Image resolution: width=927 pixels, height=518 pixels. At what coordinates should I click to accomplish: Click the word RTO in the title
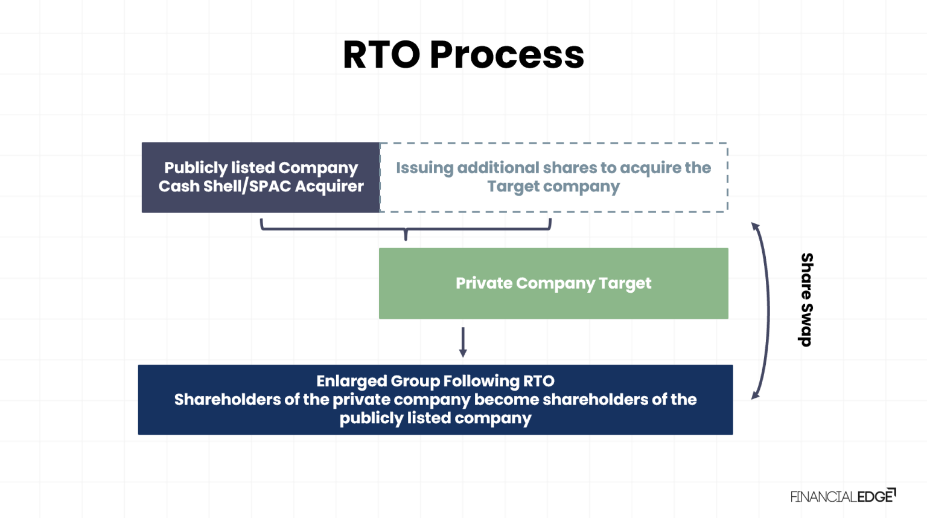381,55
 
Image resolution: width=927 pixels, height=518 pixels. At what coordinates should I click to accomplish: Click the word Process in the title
506,55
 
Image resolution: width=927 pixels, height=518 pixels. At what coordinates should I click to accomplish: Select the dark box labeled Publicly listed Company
261,177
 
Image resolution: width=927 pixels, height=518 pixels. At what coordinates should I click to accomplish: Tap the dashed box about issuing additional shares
553,177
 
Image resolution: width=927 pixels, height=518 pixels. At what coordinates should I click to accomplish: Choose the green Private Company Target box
553,283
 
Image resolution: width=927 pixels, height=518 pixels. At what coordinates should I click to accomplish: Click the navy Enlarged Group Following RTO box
435,399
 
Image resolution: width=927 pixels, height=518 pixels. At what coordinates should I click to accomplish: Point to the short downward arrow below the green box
463,342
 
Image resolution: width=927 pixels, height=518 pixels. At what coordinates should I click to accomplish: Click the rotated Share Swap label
806,299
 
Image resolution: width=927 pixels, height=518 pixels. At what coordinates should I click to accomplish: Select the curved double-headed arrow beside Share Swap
768,311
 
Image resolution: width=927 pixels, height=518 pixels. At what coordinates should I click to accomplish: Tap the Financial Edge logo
843,496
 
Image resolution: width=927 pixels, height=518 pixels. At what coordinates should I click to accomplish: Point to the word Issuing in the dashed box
424,168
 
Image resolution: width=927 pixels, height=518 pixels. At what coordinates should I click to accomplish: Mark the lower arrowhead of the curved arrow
754,396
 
